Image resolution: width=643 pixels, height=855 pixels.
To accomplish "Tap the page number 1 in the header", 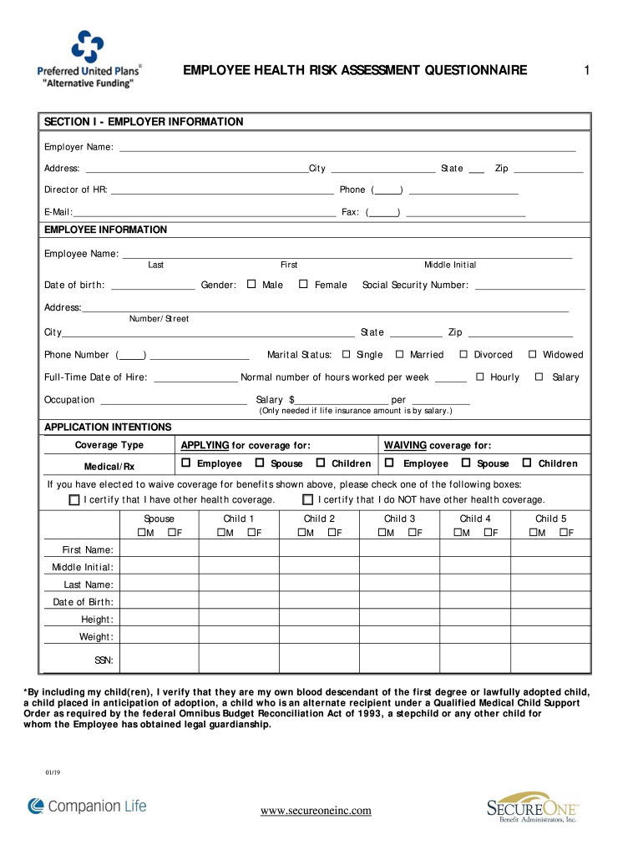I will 587,71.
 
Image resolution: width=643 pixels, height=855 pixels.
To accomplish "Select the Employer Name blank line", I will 347,148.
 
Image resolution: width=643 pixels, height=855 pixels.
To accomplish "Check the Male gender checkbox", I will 251,285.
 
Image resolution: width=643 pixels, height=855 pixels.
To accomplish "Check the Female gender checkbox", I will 304,285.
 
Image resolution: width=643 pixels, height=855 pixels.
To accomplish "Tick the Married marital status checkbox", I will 399,354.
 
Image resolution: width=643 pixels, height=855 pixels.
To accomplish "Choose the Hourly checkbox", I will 480,377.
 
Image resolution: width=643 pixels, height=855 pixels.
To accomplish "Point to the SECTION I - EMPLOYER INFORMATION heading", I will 144,122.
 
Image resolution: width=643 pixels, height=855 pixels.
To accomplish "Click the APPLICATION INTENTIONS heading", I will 108,427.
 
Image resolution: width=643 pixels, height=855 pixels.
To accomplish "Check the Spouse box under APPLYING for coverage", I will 260,463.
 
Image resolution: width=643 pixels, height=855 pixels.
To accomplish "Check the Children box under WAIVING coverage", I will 527,463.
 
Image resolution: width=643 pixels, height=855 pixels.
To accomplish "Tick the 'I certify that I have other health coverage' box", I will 74,499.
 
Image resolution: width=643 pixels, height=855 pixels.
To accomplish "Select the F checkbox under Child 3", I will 413,533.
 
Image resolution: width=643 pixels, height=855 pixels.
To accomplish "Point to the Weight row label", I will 96,637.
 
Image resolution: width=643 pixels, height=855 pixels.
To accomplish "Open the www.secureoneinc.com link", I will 316,810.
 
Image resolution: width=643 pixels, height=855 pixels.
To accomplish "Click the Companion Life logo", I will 87,806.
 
